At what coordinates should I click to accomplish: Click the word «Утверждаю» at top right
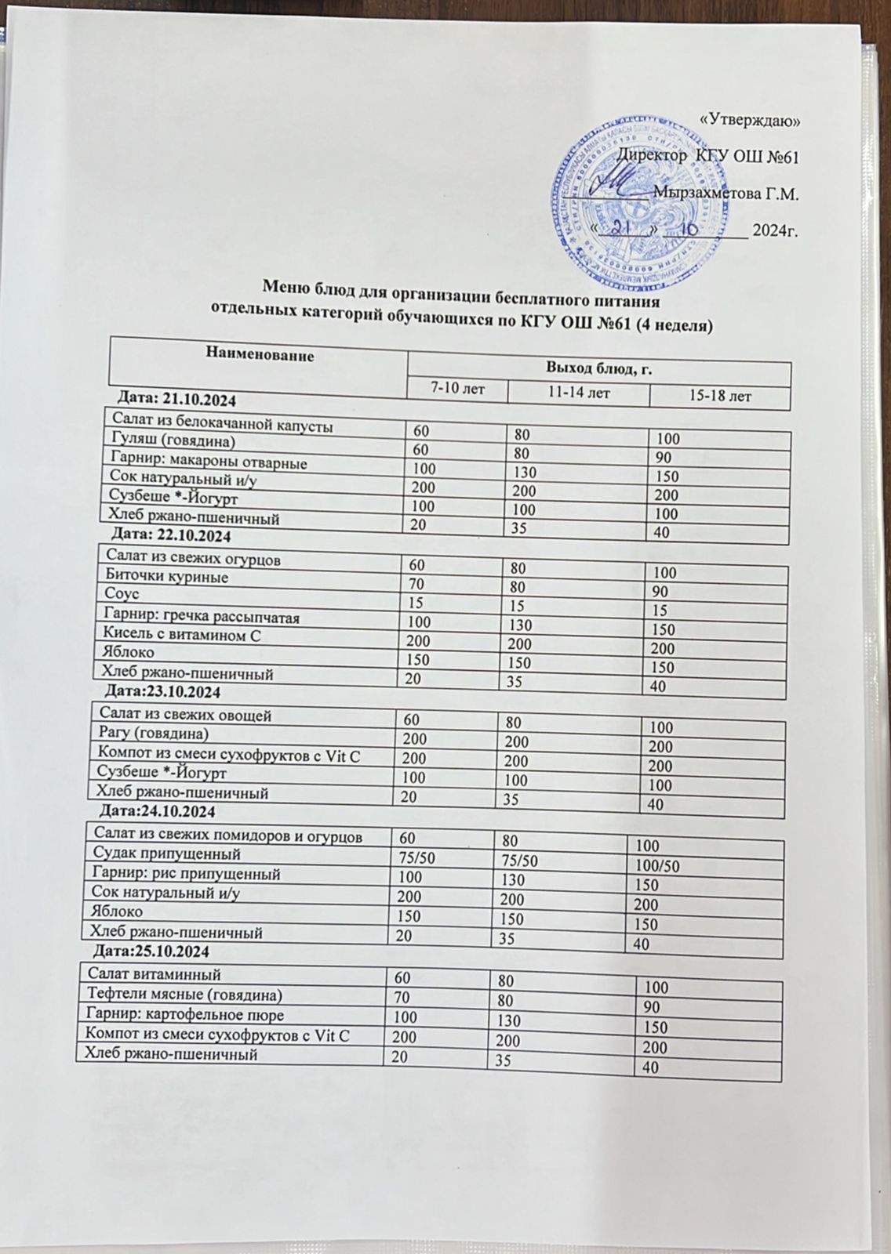click(x=749, y=121)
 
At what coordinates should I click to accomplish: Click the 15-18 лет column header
click(x=719, y=397)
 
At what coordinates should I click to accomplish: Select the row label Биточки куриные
click(x=166, y=578)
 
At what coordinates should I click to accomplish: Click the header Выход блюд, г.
click(x=599, y=367)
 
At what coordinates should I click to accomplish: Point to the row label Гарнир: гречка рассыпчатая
click(x=197, y=617)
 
